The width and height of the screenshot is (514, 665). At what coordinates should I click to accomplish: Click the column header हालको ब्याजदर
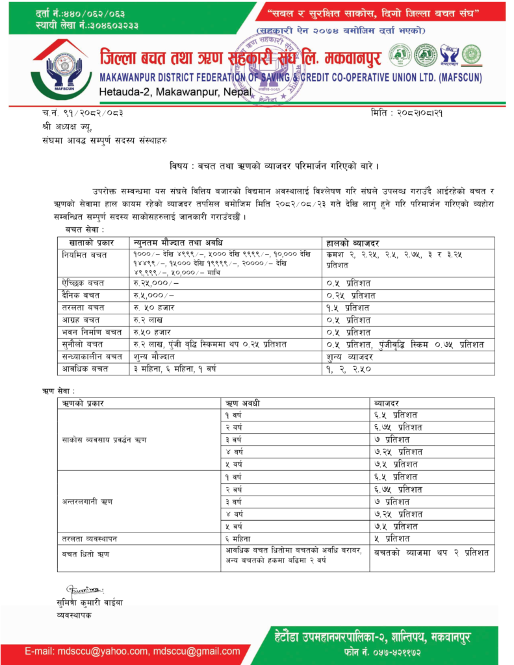click(x=357, y=242)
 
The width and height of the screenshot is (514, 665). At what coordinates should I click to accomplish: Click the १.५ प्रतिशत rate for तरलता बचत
click(x=349, y=307)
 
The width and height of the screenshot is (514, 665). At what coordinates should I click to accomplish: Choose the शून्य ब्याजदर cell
click(x=350, y=357)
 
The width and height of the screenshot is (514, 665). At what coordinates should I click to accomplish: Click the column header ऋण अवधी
click(x=242, y=404)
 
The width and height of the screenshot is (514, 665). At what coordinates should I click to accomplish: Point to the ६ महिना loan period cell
click(x=237, y=538)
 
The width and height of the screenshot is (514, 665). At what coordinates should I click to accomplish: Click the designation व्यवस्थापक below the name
click(x=74, y=614)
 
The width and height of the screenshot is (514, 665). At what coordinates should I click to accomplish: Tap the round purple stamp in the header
click(x=267, y=68)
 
